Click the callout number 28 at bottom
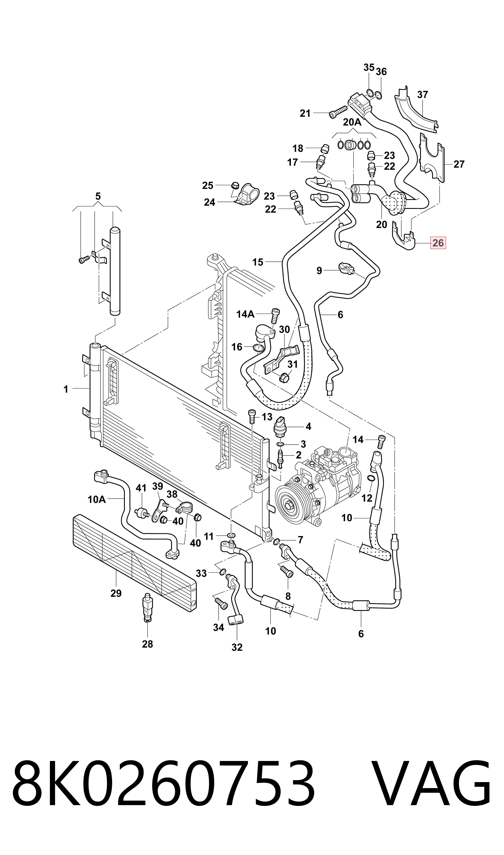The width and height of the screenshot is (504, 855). tap(147, 644)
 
